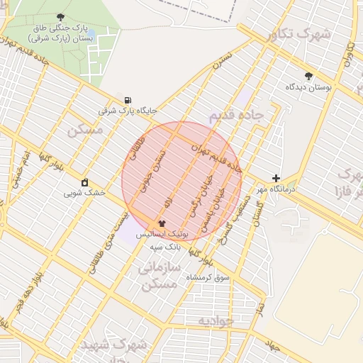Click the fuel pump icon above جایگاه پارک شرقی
pos(127,101)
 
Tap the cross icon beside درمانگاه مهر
pos(276,178)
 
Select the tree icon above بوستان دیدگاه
pos(308,76)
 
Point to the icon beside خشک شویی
pos(85,182)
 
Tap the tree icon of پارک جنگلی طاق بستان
pos(60,17)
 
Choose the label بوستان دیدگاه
pos(308,86)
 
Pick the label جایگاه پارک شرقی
pos(128,111)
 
